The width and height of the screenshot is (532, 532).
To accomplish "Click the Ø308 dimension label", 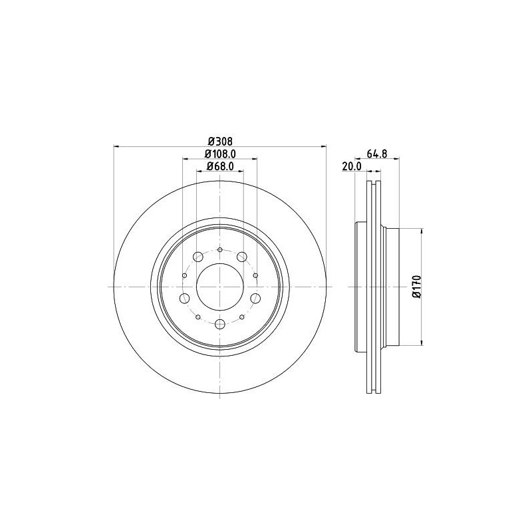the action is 220,141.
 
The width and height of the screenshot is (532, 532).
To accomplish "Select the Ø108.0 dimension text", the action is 220,154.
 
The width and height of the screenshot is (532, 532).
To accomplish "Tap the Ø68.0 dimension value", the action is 220,166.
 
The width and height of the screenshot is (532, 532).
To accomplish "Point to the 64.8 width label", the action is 377,154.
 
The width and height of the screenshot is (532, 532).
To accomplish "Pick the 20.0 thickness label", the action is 352,166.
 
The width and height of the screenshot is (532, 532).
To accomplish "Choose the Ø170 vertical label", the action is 417,287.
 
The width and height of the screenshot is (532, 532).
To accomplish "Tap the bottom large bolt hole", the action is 220,324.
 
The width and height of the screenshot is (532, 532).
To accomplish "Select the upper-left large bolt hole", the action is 198,257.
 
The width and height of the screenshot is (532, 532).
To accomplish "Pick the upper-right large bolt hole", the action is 242,257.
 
